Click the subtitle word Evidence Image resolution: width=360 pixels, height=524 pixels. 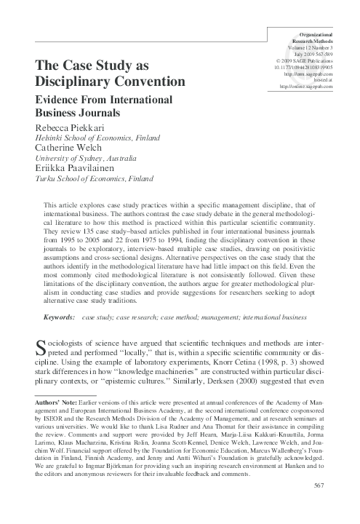(x=63, y=100)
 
